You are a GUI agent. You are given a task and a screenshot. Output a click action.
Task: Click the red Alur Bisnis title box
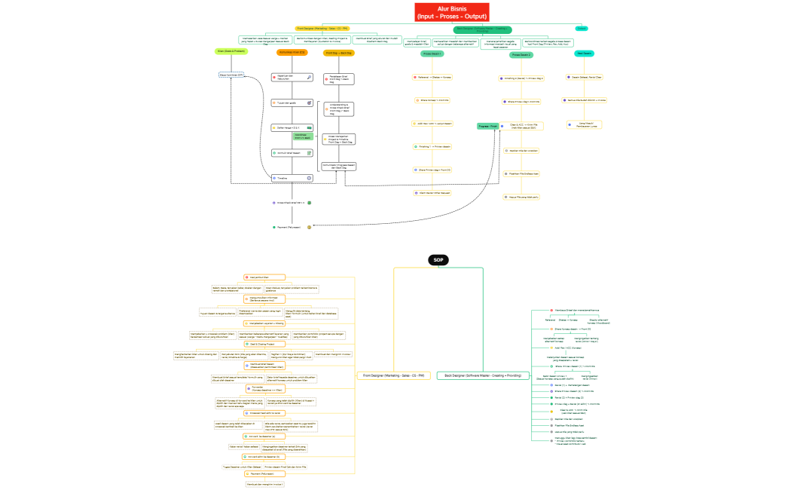[x=452, y=12]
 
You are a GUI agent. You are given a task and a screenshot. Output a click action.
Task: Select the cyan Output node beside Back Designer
[x=582, y=28]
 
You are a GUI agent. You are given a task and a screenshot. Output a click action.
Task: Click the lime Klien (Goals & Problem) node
[x=231, y=51]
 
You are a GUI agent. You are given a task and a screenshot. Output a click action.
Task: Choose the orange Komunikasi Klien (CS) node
[x=292, y=53]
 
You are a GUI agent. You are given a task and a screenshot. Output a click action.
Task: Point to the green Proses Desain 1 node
[x=432, y=54]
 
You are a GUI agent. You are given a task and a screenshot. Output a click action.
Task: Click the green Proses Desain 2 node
[x=521, y=55]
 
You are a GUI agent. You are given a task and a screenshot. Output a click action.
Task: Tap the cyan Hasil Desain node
[x=584, y=54]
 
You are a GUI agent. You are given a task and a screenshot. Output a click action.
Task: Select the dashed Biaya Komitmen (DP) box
[x=231, y=75]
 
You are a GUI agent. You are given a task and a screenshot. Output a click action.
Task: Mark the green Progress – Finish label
[x=488, y=127]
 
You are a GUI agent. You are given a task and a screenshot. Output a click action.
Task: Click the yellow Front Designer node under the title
[x=322, y=28]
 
